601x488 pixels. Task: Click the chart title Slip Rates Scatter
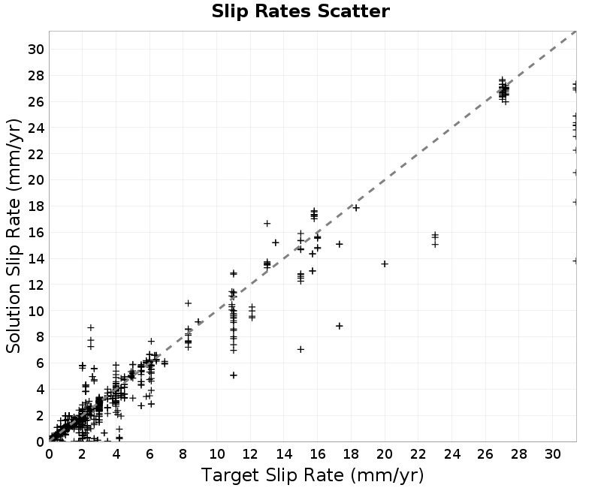click(x=300, y=11)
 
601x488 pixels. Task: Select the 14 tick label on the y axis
click(x=36, y=259)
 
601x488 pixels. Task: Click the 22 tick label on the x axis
click(x=418, y=454)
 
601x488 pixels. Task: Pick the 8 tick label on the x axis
click(x=183, y=454)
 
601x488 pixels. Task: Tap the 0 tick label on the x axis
click(x=49, y=454)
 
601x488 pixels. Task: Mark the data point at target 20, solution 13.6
click(x=385, y=264)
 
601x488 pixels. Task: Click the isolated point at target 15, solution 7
click(x=300, y=349)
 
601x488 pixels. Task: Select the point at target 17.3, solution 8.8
click(x=340, y=326)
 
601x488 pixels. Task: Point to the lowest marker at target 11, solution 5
click(x=234, y=375)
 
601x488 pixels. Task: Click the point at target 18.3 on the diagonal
click(x=356, y=208)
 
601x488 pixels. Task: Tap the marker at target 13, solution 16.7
click(x=267, y=223)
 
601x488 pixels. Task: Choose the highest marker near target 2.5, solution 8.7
click(x=91, y=327)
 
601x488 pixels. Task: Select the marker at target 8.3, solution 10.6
click(x=189, y=303)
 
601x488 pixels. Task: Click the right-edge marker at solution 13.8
click(x=575, y=261)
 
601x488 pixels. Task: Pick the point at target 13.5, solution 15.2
click(x=276, y=242)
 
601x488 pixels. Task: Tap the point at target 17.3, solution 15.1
click(x=340, y=244)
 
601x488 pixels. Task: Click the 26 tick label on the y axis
click(x=36, y=102)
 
